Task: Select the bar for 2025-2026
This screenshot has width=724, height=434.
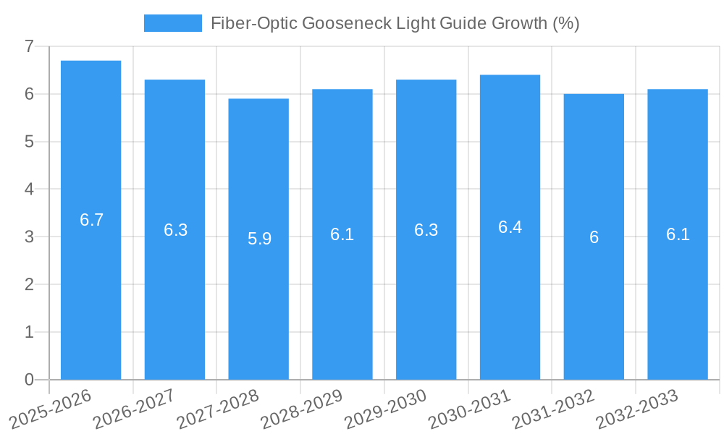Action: point(90,220)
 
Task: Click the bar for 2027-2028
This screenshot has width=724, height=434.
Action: point(258,239)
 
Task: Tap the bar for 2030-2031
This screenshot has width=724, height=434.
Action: point(510,227)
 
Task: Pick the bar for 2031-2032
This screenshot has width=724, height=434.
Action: point(594,237)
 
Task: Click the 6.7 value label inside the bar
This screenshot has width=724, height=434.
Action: point(92,221)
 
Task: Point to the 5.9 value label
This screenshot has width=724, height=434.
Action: point(259,239)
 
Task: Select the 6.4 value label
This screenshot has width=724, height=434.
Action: point(510,227)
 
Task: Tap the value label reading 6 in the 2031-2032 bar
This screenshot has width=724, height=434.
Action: point(594,237)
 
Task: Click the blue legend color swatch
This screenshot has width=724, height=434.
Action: point(172,23)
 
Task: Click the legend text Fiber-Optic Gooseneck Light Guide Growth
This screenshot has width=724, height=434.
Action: point(395,23)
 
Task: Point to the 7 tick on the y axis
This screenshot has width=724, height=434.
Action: point(29,46)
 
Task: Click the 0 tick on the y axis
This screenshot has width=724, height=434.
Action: point(29,380)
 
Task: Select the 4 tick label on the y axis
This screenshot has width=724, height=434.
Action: point(29,190)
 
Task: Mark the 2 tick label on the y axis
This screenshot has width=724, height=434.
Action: point(29,284)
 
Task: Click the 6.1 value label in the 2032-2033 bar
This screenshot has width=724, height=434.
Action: point(678,234)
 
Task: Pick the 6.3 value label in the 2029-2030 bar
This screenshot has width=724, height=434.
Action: point(426,230)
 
